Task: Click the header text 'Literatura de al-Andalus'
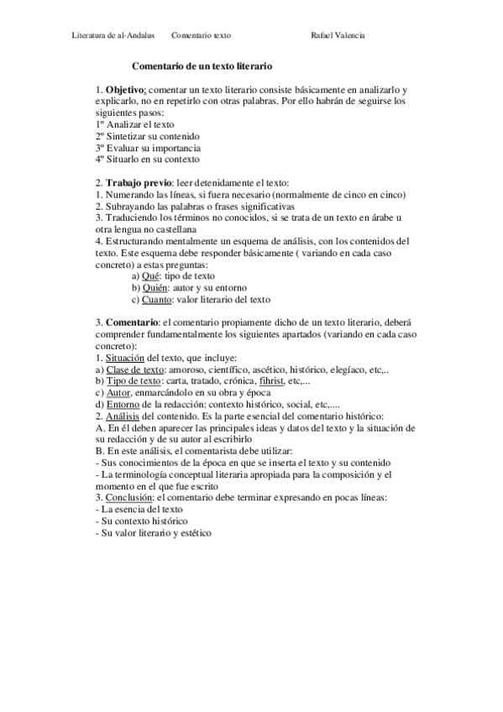113,36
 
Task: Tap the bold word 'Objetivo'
125,89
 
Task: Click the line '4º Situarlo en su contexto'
148,160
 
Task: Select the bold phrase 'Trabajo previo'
138,182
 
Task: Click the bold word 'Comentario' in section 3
132,322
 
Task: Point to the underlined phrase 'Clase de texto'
133,369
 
